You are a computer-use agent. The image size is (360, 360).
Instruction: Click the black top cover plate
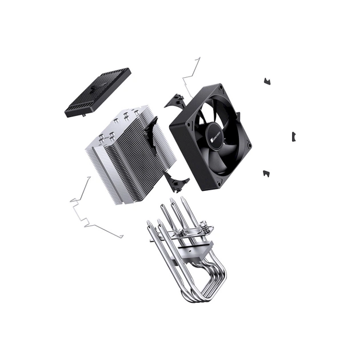coord(98,92)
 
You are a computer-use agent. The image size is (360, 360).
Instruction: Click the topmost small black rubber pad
coord(266,81)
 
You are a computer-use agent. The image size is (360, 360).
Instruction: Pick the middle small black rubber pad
coord(293,136)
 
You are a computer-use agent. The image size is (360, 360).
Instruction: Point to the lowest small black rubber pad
coord(266,173)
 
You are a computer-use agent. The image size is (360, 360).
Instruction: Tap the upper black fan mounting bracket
coord(175,101)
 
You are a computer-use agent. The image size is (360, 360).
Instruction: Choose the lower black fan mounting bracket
coord(177,181)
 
